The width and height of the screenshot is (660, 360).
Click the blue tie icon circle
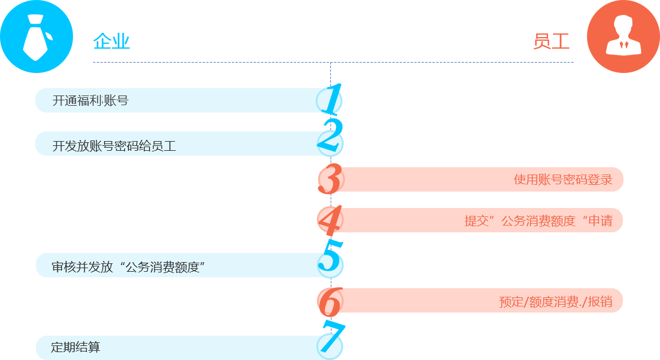click(x=36, y=36)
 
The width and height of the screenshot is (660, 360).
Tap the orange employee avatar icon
click(x=624, y=36)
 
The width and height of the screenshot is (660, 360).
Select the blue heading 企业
click(x=111, y=41)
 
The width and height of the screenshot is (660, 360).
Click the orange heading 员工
click(x=551, y=41)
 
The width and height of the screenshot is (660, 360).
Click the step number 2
click(x=330, y=135)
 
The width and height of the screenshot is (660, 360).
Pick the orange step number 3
click(x=330, y=179)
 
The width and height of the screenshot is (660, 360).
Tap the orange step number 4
click(x=330, y=220)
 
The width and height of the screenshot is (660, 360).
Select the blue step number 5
click(x=330, y=255)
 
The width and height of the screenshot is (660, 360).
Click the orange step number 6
click(x=330, y=302)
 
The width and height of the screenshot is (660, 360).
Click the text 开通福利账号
click(x=90, y=100)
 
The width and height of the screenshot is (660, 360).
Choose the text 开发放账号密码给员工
click(x=114, y=146)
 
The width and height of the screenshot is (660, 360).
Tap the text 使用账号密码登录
click(x=563, y=179)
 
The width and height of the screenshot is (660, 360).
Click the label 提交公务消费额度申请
click(x=538, y=221)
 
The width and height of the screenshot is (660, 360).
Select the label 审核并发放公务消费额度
click(x=128, y=267)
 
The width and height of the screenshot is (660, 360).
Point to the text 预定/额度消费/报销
click(x=555, y=302)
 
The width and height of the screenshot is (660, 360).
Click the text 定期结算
click(x=76, y=347)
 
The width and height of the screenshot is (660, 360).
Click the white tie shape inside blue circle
click(x=36, y=37)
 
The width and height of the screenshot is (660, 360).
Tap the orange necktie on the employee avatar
click(x=624, y=44)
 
